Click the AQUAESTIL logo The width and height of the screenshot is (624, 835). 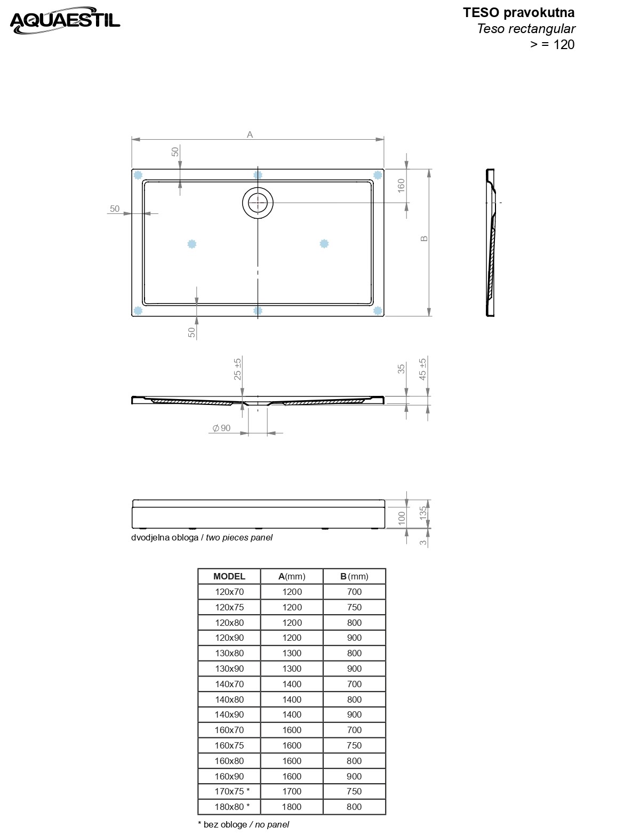(65, 20)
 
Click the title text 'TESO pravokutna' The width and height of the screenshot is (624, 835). (518, 13)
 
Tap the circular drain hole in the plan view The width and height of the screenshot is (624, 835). (258, 203)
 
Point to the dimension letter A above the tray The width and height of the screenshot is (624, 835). (250, 134)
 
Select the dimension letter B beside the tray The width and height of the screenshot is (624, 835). (425, 238)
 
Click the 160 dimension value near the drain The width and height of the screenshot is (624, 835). (401, 186)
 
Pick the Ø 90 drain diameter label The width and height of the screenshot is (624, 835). (221, 428)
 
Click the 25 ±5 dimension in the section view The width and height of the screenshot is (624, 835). (237, 369)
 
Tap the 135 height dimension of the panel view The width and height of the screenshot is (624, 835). (422, 513)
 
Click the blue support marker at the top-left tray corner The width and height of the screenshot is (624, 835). (138, 175)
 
